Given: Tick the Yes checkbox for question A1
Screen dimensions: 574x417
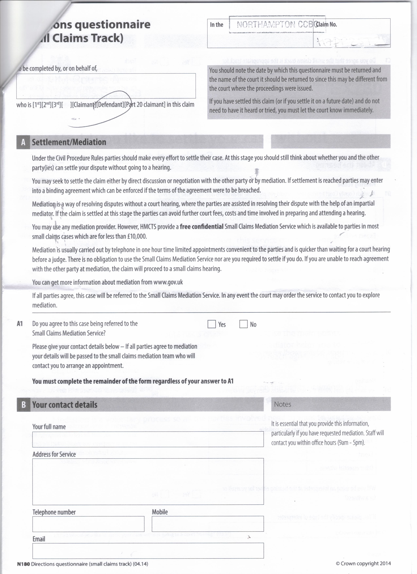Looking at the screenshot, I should (x=212, y=324).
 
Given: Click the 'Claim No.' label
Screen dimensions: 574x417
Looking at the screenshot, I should (x=326, y=25).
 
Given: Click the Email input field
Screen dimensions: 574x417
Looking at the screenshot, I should (x=148, y=550).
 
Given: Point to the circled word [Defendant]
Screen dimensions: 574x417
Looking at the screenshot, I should (x=109, y=104).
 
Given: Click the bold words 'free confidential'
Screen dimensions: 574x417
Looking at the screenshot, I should (x=201, y=226).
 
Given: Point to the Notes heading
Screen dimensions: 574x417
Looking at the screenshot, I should (x=282, y=404).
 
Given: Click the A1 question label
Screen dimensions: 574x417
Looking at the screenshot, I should (x=20, y=324).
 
